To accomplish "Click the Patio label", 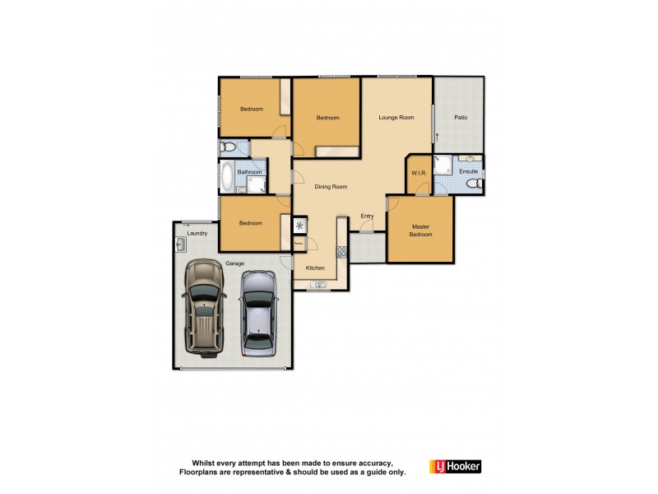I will (x=461, y=118).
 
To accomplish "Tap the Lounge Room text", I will (x=396, y=118).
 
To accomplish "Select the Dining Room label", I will (x=330, y=187).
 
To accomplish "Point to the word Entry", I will (x=367, y=217).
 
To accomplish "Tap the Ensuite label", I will (x=469, y=172).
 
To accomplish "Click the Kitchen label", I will (x=316, y=268).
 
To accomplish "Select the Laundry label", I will (x=197, y=233).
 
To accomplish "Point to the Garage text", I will (x=234, y=263).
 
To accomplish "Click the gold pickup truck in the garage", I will (x=203, y=307).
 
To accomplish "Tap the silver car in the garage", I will (x=257, y=315).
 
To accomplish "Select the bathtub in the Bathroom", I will (x=226, y=176).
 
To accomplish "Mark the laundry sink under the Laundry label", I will (x=180, y=245).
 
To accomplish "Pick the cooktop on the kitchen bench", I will (x=341, y=251).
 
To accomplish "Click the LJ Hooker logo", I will (x=455, y=467).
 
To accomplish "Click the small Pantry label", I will (x=299, y=243).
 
